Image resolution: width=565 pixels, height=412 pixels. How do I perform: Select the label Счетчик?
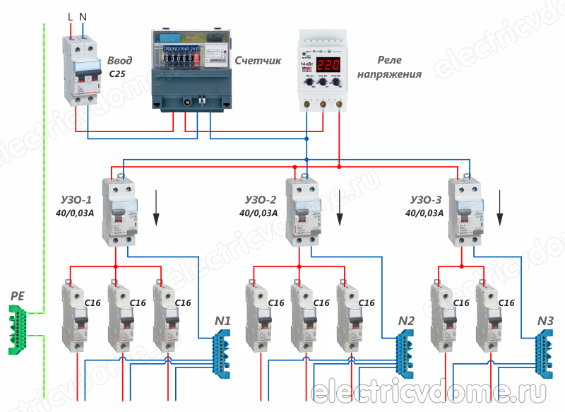[x=258, y=61]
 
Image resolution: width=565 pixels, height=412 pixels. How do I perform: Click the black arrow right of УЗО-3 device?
[x=501, y=205]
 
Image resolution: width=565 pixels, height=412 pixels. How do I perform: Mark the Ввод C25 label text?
[x=120, y=66]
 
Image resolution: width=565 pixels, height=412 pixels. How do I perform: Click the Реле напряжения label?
[x=390, y=67]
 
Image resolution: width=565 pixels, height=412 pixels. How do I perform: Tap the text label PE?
[x=18, y=296]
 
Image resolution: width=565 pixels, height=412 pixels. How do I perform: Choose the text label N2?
[x=406, y=320]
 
